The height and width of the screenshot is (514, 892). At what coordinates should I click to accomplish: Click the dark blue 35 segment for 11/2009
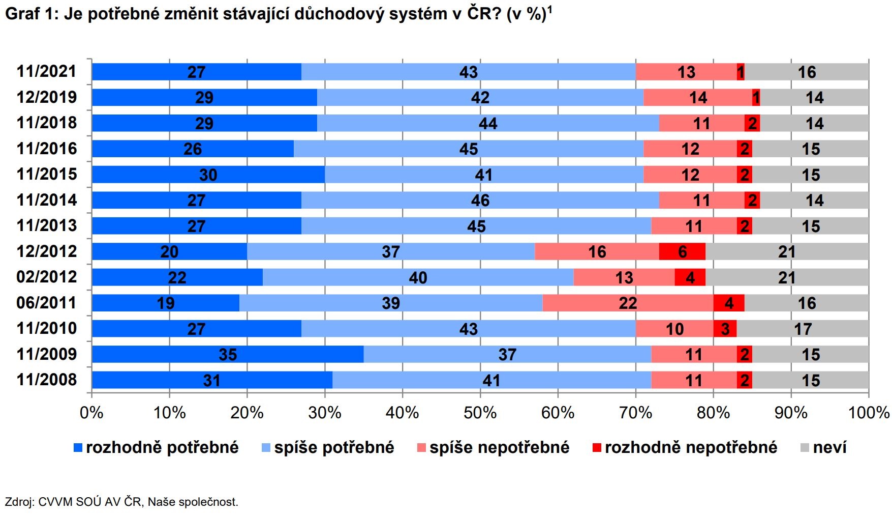[x=228, y=354]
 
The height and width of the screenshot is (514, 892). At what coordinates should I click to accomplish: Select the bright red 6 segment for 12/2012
[x=682, y=251]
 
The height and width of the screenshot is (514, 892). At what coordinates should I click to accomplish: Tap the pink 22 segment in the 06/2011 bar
[x=628, y=303]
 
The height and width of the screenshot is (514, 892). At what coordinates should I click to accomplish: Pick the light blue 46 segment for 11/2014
[x=480, y=200]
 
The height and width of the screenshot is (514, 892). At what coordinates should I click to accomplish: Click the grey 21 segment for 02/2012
[x=787, y=277]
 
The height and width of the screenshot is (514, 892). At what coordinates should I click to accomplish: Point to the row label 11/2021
[x=47, y=71]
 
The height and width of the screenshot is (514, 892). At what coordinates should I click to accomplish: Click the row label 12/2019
[x=47, y=97]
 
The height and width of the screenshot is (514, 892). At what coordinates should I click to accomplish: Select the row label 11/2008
[x=47, y=380]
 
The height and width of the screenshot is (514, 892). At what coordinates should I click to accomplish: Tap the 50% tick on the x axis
[x=480, y=412]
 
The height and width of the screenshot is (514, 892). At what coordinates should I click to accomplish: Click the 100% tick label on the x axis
[x=869, y=412]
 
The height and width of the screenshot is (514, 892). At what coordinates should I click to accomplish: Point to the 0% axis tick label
[x=91, y=412]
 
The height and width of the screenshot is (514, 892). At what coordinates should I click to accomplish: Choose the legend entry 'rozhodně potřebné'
[x=162, y=447]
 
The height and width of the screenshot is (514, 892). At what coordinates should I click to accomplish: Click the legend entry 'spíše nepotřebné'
[x=499, y=447]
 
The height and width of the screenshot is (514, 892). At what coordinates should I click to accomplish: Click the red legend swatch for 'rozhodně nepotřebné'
[x=597, y=448]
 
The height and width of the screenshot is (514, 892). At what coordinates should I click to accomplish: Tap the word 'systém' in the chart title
[x=418, y=14]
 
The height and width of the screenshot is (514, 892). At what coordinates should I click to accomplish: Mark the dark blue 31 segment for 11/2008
[x=212, y=380]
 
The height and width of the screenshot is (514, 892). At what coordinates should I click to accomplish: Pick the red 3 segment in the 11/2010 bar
[x=725, y=329]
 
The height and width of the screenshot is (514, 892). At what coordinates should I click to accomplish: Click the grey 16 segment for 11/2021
[x=807, y=72]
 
